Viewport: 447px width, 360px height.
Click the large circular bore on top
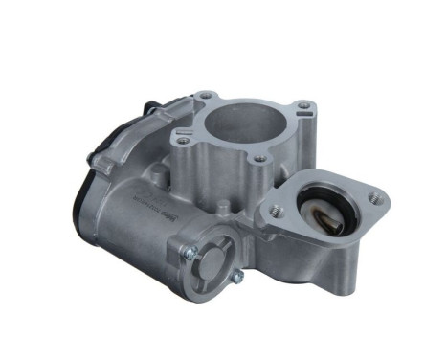tap(246, 123)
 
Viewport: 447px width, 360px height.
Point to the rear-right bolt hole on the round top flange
tap(302, 105)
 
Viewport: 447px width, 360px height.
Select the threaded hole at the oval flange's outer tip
tap(374, 199)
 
